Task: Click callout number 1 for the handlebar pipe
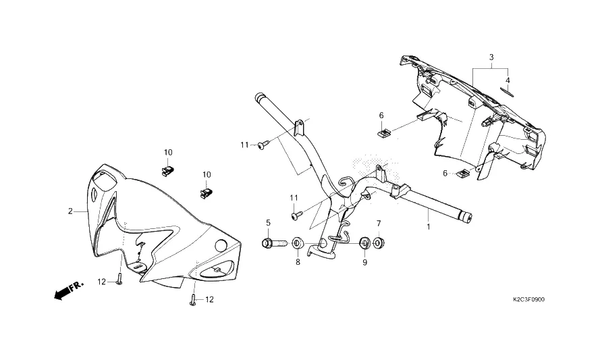point(428,227)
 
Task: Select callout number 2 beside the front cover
point(70,211)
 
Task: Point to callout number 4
point(507,80)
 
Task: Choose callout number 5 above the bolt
point(268,222)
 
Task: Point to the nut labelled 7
point(379,241)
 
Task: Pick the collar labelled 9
point(364,242)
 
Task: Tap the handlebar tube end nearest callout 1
point(464,217)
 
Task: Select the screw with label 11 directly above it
point(296,215)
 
